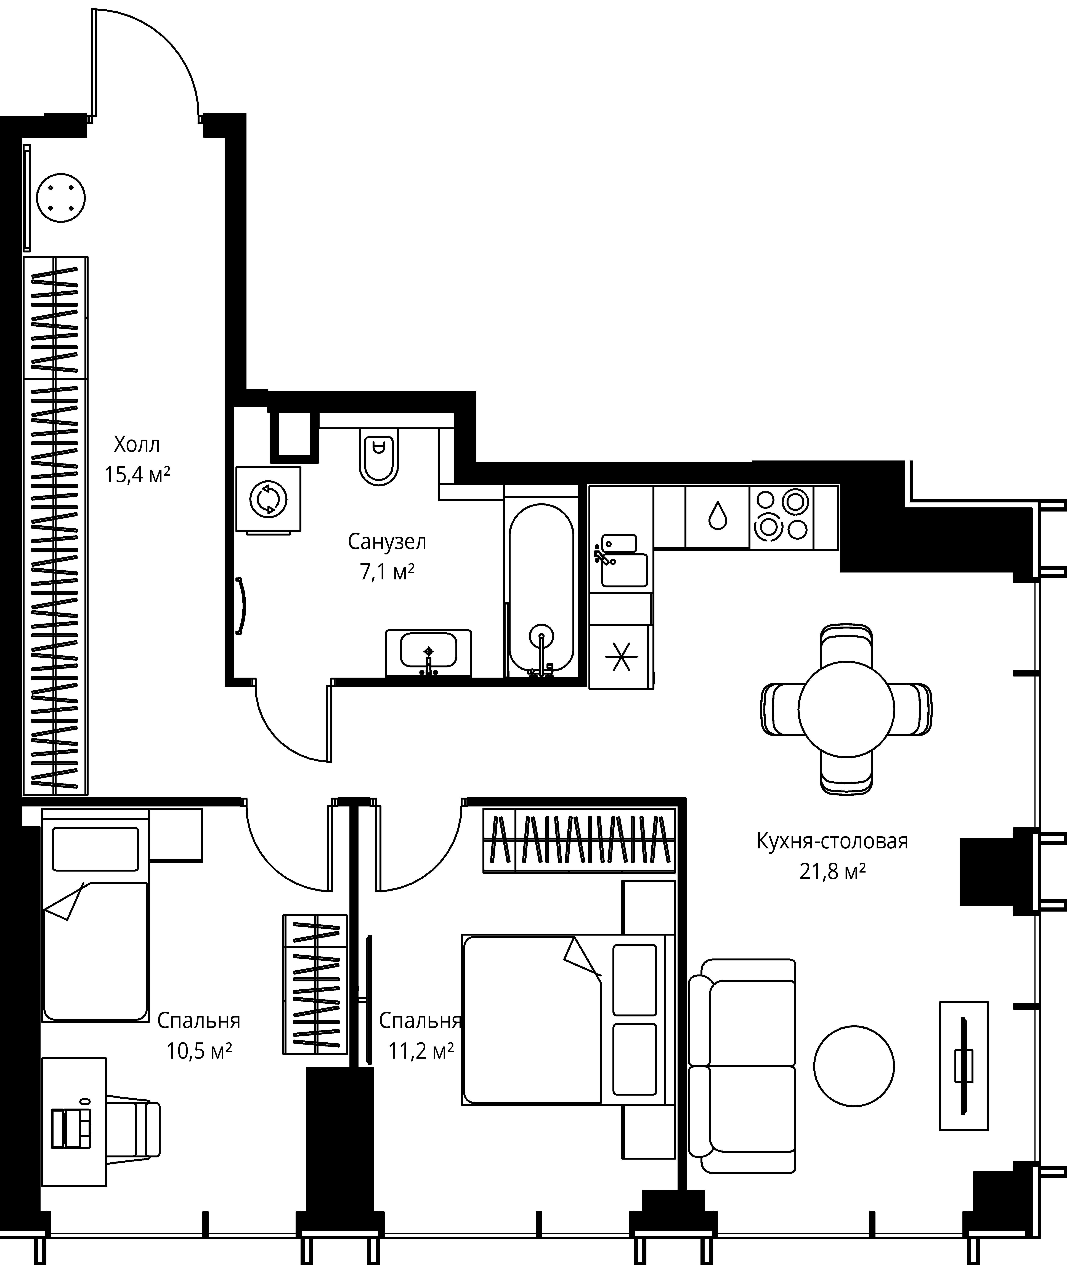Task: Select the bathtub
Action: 541,587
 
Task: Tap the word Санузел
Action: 387,542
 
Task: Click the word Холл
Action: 137,445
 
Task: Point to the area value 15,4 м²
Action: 137,475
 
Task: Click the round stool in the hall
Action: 61,197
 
